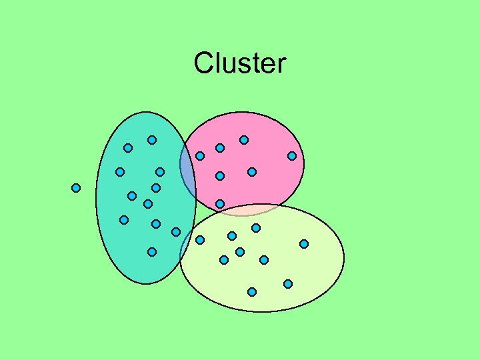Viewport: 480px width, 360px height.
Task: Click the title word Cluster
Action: [239, 63]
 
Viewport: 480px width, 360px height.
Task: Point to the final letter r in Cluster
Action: [281, 65]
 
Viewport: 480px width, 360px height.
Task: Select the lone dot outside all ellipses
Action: [76, 188]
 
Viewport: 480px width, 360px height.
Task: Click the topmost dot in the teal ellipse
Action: [152, 140]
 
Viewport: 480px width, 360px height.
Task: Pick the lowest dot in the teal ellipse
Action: [152, 252]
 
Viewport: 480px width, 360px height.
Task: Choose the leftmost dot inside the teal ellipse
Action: [120, 172]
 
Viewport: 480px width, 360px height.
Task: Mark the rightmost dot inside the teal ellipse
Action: [176, 232]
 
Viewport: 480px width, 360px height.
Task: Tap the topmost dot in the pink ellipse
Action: [244, 140]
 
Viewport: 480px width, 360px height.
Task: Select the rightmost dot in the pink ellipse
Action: [292, 156]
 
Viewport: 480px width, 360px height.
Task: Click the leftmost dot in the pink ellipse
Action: [200, 156]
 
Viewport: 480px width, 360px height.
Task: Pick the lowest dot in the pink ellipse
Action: [220, 203]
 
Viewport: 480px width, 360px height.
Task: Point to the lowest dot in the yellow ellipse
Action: [252, 292]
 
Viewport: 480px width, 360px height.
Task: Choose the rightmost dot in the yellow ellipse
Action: [304, 244]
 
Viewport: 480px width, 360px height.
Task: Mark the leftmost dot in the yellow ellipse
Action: [200, 240]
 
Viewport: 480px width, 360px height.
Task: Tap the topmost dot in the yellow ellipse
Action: [256, 228]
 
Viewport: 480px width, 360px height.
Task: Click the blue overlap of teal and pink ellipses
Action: [187, 175]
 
